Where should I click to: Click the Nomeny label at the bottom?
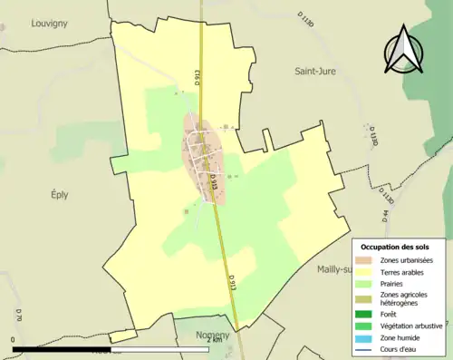pos(213,335)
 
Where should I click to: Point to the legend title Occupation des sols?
pos(395,247)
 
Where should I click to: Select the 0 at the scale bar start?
pos(14,341)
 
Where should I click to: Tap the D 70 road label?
pos(17,316)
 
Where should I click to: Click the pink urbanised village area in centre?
pos(204,154)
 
